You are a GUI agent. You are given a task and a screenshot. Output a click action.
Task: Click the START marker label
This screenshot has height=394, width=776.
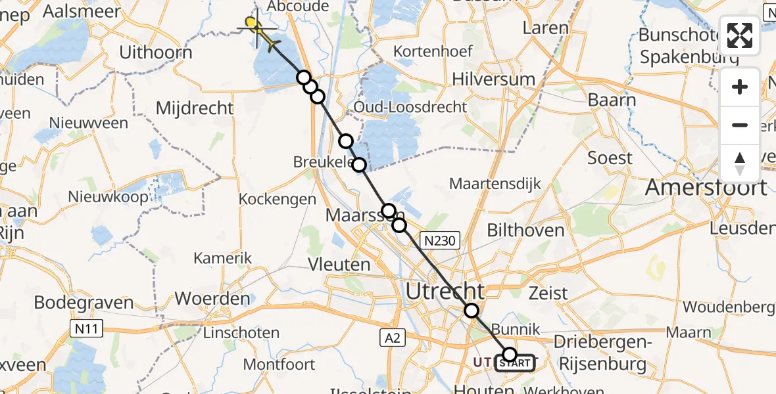pos(515,362)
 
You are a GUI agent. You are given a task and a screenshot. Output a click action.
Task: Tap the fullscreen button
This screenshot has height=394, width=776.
pos(740,35)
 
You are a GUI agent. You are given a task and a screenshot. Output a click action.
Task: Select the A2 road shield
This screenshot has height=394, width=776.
pos(393,338)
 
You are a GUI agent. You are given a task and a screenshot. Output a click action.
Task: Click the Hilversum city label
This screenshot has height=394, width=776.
pos(493,79)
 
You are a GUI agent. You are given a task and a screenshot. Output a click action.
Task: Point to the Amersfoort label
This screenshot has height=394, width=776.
pos(706,188)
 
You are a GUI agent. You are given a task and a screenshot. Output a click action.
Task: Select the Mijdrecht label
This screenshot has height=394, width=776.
pos(195,108)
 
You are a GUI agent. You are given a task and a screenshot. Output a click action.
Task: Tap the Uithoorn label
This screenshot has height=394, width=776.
pos(156,53)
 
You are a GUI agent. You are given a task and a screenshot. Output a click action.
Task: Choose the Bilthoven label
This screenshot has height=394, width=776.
pos(525,230)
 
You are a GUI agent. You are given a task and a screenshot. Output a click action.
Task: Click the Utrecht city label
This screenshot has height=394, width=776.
pos(447,290)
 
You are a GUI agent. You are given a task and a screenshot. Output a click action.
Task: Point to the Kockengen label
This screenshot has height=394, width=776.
pos(277,199)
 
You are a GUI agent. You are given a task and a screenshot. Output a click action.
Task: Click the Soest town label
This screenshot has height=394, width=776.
pos(610,158)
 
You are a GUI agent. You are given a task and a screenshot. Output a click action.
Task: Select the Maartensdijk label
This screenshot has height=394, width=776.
pos(495,183)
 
